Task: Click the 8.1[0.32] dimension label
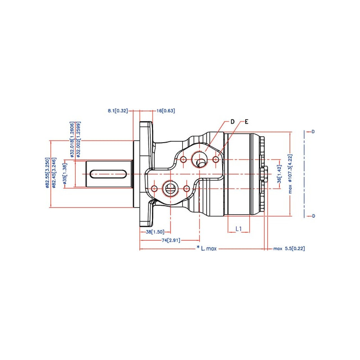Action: pos(118,110)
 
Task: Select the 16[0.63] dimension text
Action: pos(166,110)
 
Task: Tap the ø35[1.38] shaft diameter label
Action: pos(65,174)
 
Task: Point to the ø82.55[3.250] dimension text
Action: pos(47,173)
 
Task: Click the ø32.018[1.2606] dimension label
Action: pos(72,139)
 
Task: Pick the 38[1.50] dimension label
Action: pos(155,232)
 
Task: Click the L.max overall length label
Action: pos(207,248)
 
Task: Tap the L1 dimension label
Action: pos(239,229)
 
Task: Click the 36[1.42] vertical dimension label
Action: pos(279,173)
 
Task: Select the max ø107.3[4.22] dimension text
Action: pos(290,174)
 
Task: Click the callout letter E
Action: pos(246,121)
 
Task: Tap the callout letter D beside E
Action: pos(233,121)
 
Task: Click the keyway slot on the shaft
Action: pos(108,173)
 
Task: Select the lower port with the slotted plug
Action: pos(170,188)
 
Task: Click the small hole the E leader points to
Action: pos(216,159)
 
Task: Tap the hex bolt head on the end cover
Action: pos(265,173)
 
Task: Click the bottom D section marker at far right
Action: pos(313,216)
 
